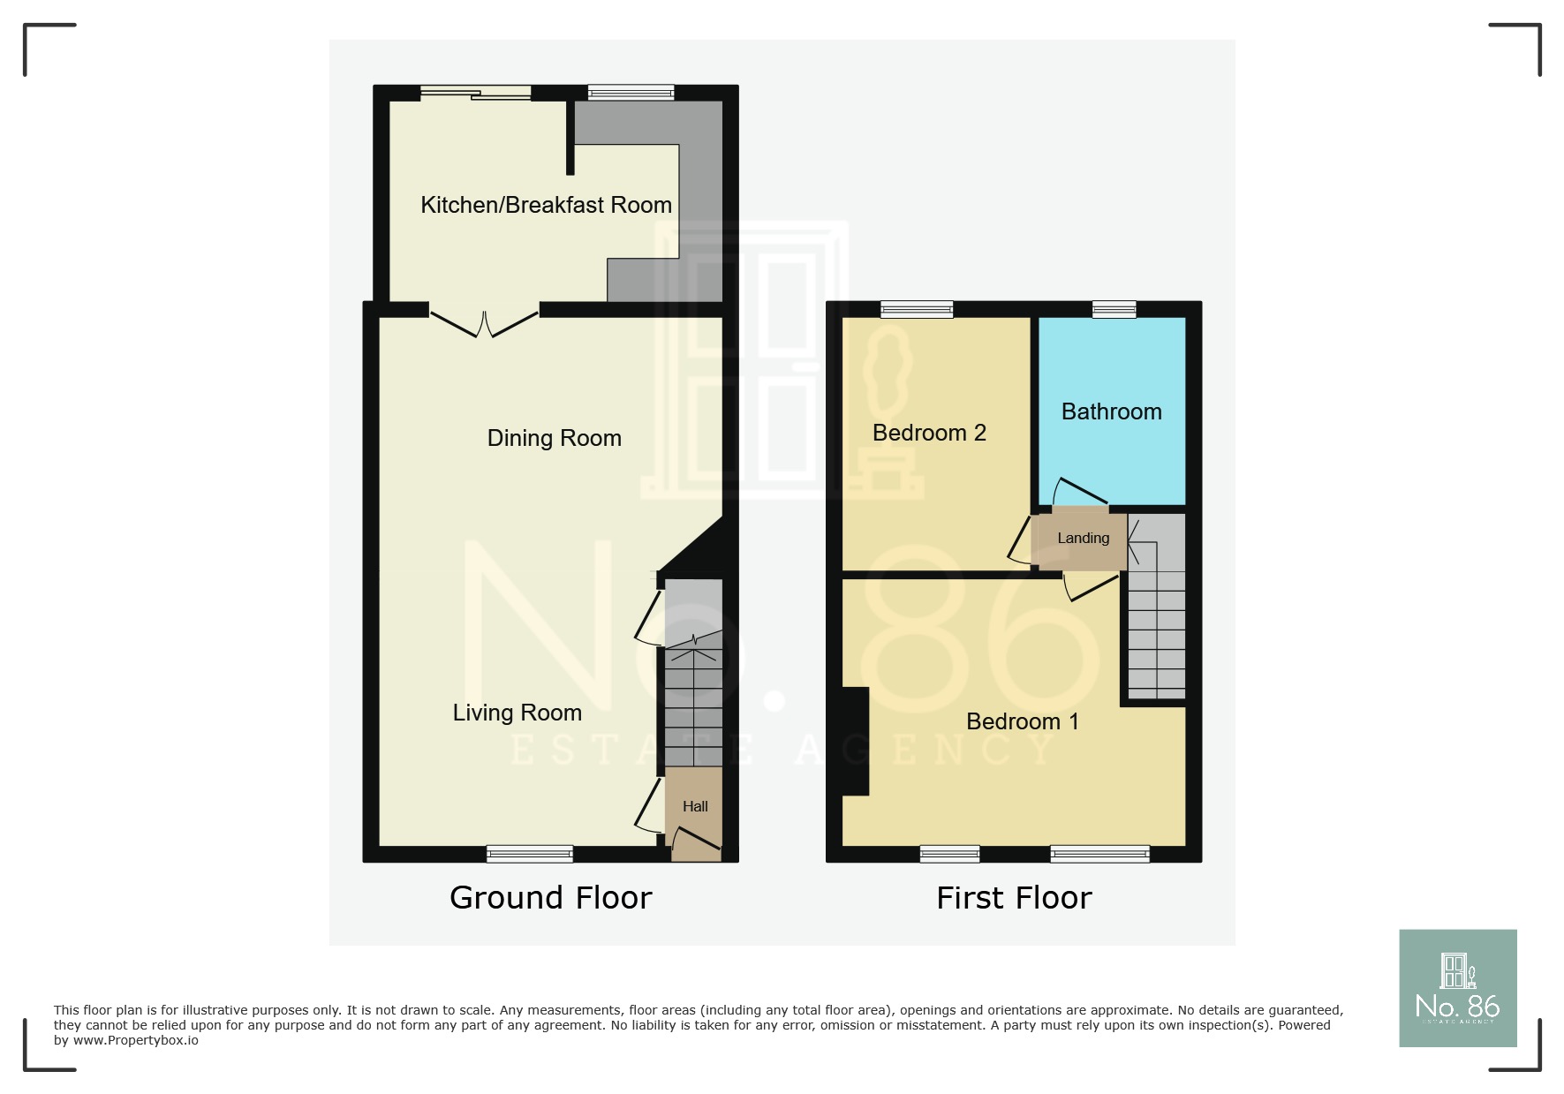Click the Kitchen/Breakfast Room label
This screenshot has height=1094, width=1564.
(x=546, y=205)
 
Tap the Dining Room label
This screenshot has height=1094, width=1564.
(x=554, y=438)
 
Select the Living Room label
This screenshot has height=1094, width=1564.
(x=517, y=713)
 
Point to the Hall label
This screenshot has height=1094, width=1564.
(x=695, y=806)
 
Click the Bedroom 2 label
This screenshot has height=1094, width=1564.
(x=928, y=433)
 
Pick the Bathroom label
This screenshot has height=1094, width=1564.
(x=1111, y=411)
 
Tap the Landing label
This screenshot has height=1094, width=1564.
(x=1083, y=538)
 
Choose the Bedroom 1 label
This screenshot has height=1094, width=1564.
(x=1022, y=721)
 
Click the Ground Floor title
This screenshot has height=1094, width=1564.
(x=550, y=897)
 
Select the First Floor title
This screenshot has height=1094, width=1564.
(x=1014, y=897)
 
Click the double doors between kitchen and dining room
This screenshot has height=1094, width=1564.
(x=484, y=323)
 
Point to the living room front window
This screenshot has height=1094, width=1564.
(x=530, y=853)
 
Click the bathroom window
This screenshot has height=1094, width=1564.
(x=1114, y=309)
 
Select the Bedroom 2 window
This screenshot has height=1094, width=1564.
(x=917, y=309)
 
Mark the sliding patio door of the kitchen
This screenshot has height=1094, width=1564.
(x=475, y=93)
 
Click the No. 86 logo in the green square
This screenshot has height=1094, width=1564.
(x=1457, y=988)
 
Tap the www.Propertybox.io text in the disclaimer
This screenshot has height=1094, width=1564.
(x=135, y=1040)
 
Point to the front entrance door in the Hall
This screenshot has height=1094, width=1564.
(x=697, y=841)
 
